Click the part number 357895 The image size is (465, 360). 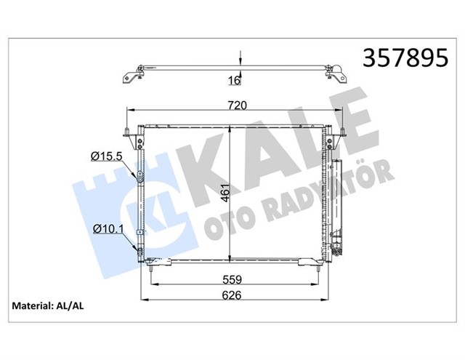405,57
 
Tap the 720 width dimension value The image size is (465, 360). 238,105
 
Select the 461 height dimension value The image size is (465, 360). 226,193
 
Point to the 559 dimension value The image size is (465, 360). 232,279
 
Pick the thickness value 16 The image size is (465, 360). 235,80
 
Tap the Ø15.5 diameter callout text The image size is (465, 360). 107,156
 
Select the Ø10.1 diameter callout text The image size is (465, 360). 108,229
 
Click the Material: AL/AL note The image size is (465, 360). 48,305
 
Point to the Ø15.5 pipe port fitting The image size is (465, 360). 139,176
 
